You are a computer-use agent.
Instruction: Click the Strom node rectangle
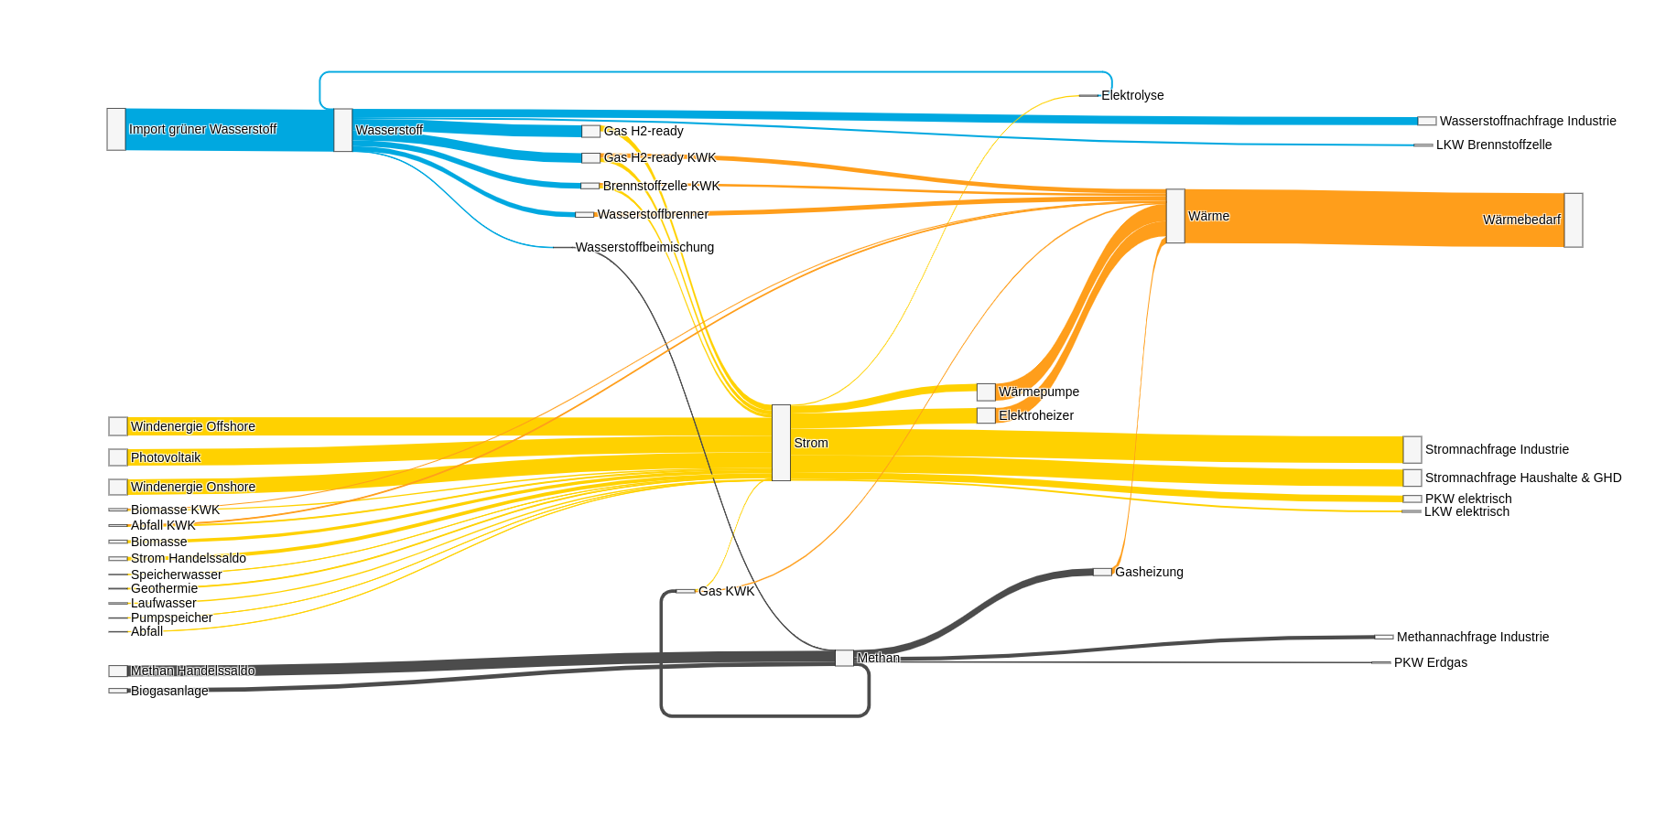[x=781, y=443]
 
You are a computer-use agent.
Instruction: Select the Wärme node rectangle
[x=1175, y=216]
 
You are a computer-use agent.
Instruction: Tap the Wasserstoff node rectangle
[x=343, y=130]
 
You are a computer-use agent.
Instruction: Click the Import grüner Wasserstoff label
[x=202, y=129]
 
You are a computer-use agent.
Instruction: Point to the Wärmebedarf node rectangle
[x=1574, y=220]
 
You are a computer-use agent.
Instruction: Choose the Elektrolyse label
[x=1132, y=95]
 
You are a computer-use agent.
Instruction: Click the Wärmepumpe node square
[x=986, y=392]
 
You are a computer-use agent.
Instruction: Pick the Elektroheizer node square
[x=986, y=415]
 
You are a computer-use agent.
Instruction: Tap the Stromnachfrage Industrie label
[x=1497, y=449]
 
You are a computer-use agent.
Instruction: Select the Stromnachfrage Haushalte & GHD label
[x=1523, y=478]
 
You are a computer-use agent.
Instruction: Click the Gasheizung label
[x=1149, y=572]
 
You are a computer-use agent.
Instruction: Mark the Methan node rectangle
[x=844, y=658]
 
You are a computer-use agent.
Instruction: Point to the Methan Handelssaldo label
[x=193, y=671]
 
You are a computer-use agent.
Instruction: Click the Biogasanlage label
[x=169, y=691]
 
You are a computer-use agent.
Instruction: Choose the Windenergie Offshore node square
[x=118, y=426]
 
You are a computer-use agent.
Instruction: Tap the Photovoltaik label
[x=166, y=457]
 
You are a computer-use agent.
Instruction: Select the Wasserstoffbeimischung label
[x=644, y=247]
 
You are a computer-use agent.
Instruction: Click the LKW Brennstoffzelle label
[x=1494, y=145]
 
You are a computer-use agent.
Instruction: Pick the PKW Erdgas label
[x=1431, y=662]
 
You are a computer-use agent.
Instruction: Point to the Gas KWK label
[x=727, y=591]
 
